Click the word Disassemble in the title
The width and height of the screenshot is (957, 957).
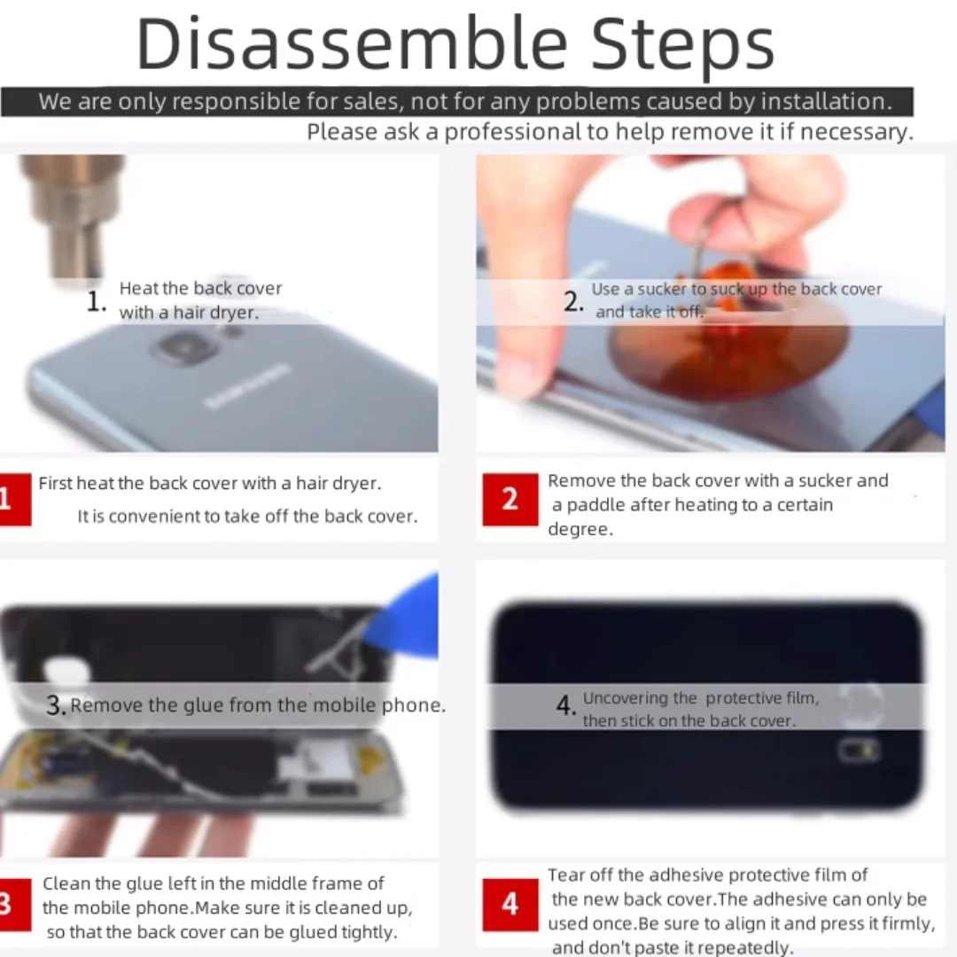[352, 44]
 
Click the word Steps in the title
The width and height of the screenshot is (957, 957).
[683, 46]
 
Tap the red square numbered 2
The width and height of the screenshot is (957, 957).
[510, 499]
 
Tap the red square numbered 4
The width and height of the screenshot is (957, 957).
[510, 904]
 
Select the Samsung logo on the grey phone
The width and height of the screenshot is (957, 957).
[246, 385]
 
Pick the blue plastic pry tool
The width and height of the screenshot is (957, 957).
[405, 617]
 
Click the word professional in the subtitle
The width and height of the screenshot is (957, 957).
[513, 131]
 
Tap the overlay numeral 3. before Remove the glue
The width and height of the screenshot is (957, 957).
[56, 705]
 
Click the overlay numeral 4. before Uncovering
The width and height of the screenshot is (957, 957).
[565, 705]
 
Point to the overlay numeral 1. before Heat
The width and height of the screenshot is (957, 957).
[97, 301]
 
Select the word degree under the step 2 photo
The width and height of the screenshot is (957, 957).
[580, 530]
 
